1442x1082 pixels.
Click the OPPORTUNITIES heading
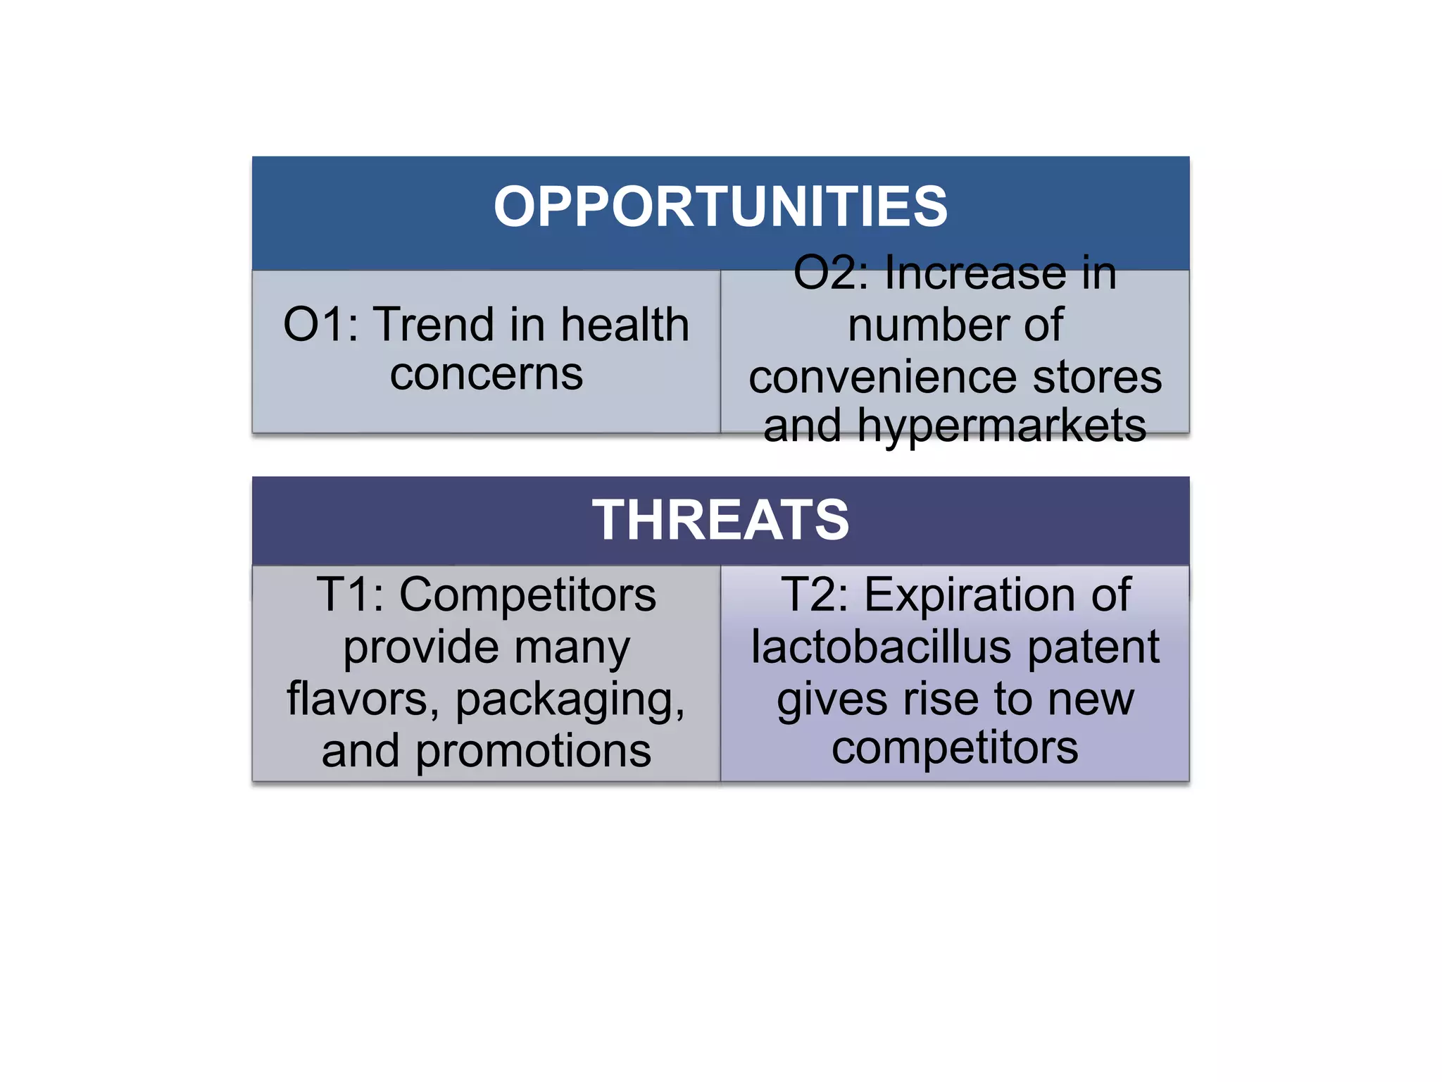[x=720, y=207]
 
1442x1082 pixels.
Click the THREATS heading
[x=720, y=520]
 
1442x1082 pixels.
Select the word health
[x=625, y=325]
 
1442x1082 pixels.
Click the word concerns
[x=487, y=374]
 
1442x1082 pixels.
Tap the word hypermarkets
[x=1001, y=426]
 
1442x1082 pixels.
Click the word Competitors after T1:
[x=527, y=595]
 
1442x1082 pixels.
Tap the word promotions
[x=533, y=751]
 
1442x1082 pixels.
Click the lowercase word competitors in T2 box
[x=955, y=748]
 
